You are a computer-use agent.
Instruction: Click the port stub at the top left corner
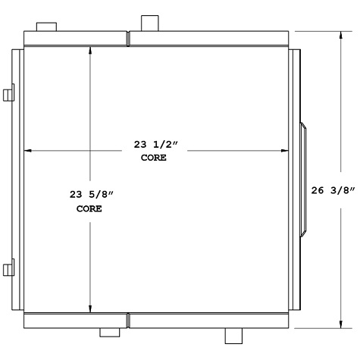[x=47, y=27]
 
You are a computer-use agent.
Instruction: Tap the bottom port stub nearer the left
[x=111, y=331]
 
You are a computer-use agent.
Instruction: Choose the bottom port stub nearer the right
[x=233, y=333]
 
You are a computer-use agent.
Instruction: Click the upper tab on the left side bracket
[x=9, y=95]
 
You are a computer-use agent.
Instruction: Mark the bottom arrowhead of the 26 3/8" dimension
[x=341, y=324]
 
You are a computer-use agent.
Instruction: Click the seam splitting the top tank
[x=128, y=39]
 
